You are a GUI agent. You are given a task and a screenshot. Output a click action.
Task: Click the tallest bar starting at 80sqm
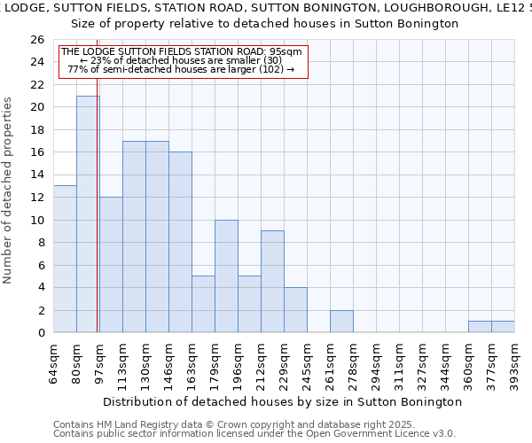point(88,214)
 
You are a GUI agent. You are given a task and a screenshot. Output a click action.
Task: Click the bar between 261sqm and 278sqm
point(341,322)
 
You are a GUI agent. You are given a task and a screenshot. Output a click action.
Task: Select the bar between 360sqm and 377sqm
point(480,327)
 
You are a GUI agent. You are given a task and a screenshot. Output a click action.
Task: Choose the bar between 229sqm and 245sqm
point(295,310)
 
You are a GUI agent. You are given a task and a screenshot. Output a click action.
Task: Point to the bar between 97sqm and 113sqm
point(111,265)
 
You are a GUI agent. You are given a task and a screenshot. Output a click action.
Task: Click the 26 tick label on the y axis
point(37,40)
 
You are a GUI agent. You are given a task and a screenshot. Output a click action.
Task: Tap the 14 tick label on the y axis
point(37,175)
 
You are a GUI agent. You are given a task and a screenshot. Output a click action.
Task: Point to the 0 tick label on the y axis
point(41,333)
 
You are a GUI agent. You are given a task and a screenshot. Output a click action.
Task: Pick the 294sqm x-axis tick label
point(377,362)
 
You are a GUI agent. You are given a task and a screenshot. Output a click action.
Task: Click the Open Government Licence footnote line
point(254,433)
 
